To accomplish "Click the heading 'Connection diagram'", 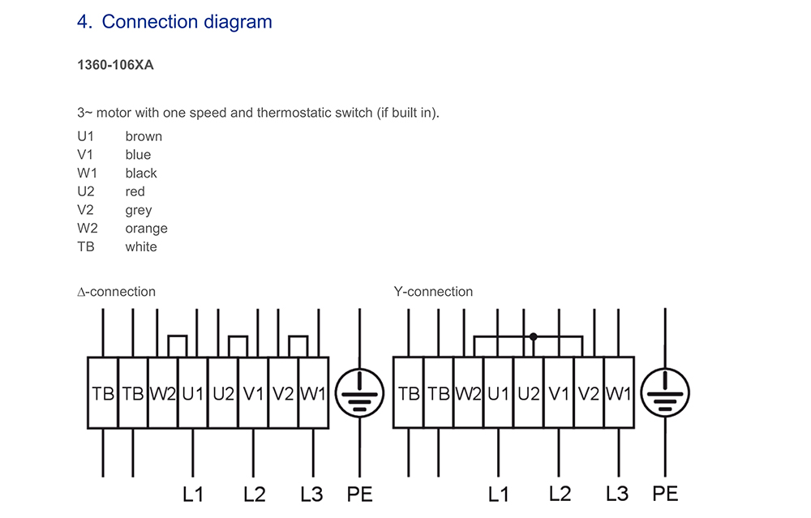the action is pos(187,22).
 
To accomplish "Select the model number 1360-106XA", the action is pos(115,65).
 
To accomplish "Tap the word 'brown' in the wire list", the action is pos(144,136).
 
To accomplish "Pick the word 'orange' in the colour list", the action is pos(146,229).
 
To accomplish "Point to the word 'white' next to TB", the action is pos(140,246).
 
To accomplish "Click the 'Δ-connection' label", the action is pos(116,292).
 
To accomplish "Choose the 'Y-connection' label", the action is pos(433,292).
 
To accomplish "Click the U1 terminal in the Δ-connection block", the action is pos(193,393).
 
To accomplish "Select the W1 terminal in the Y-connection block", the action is pos(619,393).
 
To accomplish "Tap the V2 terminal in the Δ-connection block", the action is pos(283,393).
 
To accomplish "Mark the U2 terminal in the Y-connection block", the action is pos(529,393).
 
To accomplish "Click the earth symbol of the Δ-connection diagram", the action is pos(359,393).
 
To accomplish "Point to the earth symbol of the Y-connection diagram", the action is pos(665,393).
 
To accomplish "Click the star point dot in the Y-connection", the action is pos(534,337).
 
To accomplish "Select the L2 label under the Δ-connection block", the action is pos(255,494).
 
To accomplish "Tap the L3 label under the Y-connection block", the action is pos(617,494).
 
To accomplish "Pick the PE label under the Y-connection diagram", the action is pos(665,494).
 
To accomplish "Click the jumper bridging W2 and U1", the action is pos(178,336).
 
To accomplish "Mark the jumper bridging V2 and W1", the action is pos(298,336).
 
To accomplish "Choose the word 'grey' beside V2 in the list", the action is pos(139,211).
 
